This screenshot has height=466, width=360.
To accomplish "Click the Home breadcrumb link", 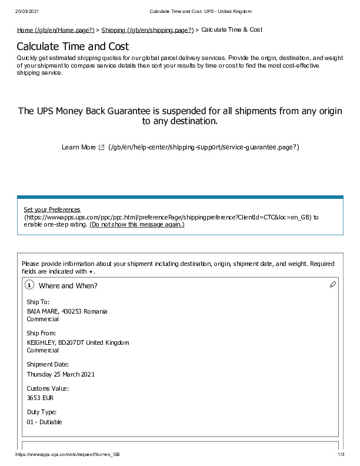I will point(55,30).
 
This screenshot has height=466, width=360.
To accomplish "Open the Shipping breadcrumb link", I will point(147,30).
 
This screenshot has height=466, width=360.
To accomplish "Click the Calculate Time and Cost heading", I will point(72,46).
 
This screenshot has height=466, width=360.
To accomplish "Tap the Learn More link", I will point(78,147).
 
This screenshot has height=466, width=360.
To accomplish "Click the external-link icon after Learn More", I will point(102,147).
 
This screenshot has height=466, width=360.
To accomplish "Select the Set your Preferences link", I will point(52,210).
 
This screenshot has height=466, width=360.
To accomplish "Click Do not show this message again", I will point(137,225).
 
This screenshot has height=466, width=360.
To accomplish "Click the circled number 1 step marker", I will point(29,285).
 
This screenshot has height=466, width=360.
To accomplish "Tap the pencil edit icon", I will point(333,285).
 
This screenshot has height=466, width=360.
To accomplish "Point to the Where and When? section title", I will point(68,286).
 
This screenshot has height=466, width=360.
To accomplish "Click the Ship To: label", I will point(39,302).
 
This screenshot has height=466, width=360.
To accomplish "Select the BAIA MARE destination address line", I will point(67,311).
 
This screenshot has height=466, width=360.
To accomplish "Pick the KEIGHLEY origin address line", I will point(78,342).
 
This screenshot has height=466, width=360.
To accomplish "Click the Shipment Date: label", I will point(48,365).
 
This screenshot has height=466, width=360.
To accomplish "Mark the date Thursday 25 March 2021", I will point(61,374).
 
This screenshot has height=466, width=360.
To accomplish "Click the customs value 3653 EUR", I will point(40,398).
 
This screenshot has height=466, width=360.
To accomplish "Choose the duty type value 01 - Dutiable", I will point(44,422).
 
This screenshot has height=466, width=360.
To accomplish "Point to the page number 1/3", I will point(341,455).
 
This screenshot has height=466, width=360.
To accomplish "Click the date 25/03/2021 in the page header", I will point(27,12).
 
